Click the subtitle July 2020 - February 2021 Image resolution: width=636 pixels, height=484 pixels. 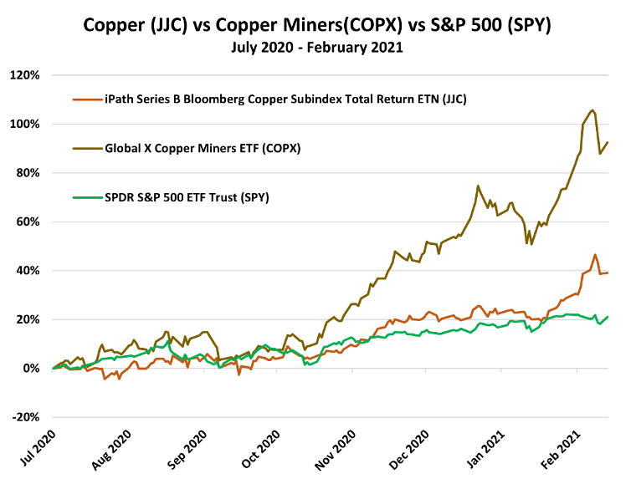(317, 48)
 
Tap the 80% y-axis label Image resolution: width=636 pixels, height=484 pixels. (27, 173)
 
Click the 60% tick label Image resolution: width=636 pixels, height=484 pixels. (27, 222)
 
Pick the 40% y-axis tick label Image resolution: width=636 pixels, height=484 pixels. (27, 271)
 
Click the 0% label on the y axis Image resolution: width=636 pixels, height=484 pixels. (30, 369)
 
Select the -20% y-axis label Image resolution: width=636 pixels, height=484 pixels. (25, 417)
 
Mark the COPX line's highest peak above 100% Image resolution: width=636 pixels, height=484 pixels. (592, 110)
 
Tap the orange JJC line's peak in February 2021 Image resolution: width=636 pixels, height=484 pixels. (595, 255)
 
